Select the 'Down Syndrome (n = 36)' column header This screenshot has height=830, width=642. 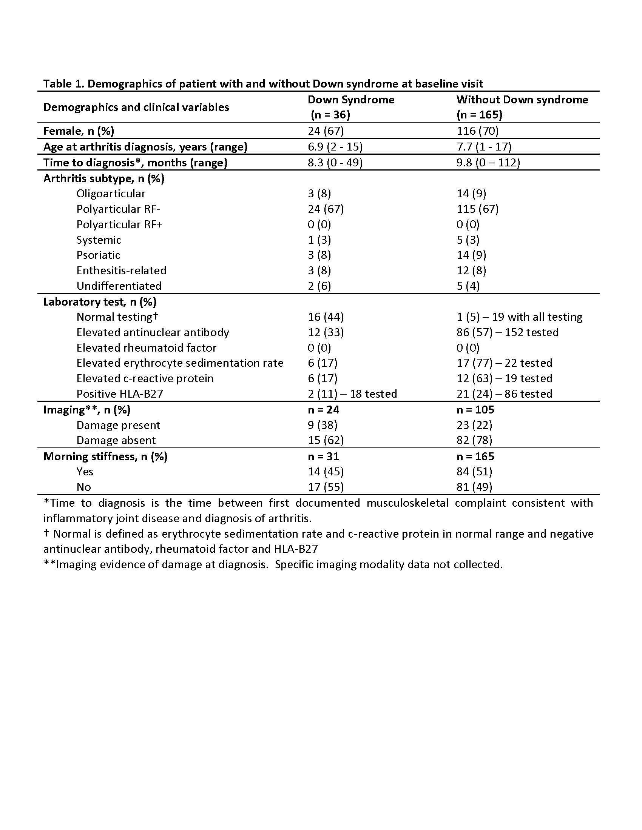[x=351, y=107]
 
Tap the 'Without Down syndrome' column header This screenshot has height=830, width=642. [x=522, y=100]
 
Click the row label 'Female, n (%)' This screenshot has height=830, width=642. [x=79, y=131]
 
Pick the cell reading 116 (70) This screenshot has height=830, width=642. [x=477, y=131]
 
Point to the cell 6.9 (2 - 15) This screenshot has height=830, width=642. [x=335, y=147]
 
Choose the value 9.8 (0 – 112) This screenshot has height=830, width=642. [x=488, y=163]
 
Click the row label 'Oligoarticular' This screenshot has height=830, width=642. [x=111, y=194]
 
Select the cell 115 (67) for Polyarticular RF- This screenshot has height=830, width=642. [x=477, y=209]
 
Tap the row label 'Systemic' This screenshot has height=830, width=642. [x=99, y=240]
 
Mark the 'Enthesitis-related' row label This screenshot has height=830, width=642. [x=121, y=271]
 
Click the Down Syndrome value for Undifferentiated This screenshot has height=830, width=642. [x=319, y=286]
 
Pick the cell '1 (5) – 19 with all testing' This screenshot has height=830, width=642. [x=519, y=317]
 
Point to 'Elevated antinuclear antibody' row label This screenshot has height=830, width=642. [x=153, y=332]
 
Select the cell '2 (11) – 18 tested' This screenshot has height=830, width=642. [x=352, y=394]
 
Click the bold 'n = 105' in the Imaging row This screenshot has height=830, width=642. [x=475, y=410]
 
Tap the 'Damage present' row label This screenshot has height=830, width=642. [x=118, y=425]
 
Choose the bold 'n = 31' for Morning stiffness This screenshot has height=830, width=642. [x=323, y=456]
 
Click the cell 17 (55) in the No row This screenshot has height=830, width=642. [x=326, y=487]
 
